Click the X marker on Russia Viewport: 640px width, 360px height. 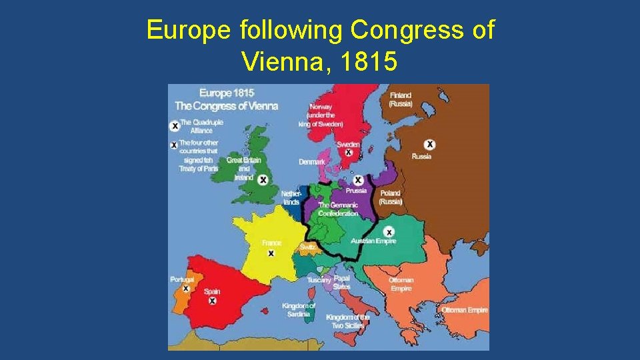(431, 145)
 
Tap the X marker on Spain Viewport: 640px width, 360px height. (212, 301)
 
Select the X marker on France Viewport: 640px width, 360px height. (271, 253)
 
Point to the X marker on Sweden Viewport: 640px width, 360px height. (348, 153)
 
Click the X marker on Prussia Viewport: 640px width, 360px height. (358, 180)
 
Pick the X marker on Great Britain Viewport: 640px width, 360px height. (263, 180)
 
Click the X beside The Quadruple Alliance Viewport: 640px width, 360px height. (175, 125)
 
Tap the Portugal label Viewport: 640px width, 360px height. (182, 279)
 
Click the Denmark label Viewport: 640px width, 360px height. (312, 162)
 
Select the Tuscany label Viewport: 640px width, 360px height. (319, 280)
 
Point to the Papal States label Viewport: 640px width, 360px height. (342, 282)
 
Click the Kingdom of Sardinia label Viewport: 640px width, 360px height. (299, 310)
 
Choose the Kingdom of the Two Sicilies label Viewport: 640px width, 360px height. (347, 321)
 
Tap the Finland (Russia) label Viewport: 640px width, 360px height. (401, 99)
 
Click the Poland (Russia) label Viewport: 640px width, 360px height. (391, 197)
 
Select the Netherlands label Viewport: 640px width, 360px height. (291, 197)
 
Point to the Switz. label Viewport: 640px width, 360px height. (307, 247)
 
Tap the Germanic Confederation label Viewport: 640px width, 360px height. (338, 209)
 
